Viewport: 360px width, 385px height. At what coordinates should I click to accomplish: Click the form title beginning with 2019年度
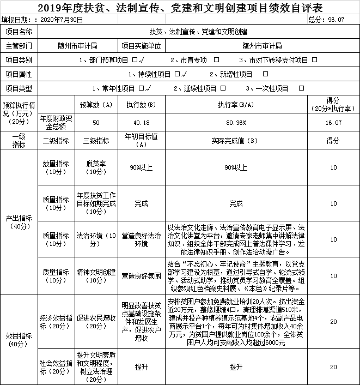click(x=179, y=8)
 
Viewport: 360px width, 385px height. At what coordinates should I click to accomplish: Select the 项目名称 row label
click(x=19, y=33)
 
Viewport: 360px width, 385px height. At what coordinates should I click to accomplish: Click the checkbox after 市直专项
click(x=217, y=59)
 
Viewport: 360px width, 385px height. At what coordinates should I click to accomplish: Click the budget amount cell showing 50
click(x=96, y=123)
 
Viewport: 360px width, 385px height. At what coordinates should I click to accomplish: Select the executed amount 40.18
click(x=142, y=123)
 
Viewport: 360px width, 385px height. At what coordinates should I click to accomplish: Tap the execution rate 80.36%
click(x=236, y=123)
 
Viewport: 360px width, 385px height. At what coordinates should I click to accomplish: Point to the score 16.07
click(x=333, y=123)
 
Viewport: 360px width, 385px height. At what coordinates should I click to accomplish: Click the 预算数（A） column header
click(x=96, y=104)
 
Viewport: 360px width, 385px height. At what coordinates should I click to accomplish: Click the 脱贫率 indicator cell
click(x=96, y=167)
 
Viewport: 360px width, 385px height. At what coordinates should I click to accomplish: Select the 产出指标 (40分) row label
click(x=19, y=221)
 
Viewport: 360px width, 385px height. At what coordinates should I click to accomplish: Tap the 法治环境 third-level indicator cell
click(x=96, y=240)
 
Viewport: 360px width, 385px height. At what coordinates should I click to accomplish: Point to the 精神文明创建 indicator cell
click(x=96, y=276)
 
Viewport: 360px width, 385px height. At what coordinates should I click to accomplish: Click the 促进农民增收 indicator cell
click(x=96, y=322)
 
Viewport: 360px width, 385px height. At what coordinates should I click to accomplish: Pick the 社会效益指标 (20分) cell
click(x=56, y=366)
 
